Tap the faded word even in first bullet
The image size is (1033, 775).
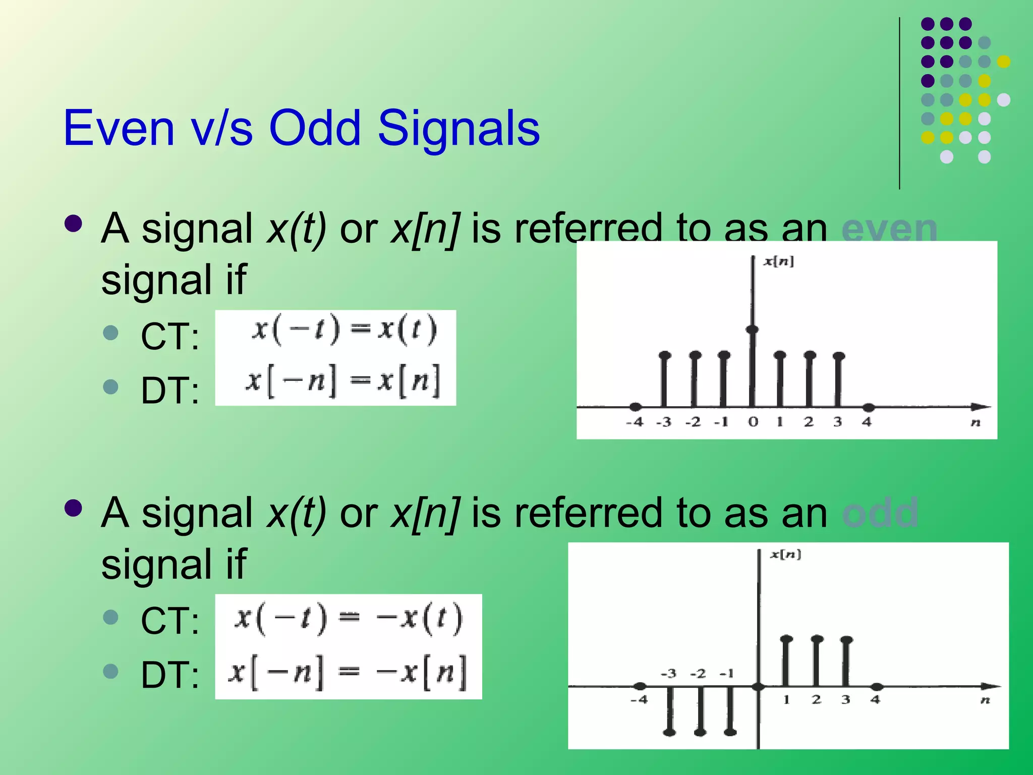889,228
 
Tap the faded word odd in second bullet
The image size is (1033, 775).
880,513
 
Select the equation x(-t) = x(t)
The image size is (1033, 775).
345,330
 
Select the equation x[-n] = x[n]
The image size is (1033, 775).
343,381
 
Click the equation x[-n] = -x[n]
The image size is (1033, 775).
348,672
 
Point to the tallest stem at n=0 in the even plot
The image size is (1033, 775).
752,330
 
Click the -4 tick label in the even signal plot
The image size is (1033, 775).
635,422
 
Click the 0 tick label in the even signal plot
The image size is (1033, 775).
753,422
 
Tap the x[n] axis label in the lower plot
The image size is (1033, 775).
785,555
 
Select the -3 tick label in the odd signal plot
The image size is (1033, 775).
668,674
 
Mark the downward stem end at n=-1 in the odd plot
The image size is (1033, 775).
730,732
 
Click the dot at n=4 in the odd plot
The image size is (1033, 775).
877,687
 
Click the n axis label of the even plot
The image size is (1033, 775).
975,423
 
